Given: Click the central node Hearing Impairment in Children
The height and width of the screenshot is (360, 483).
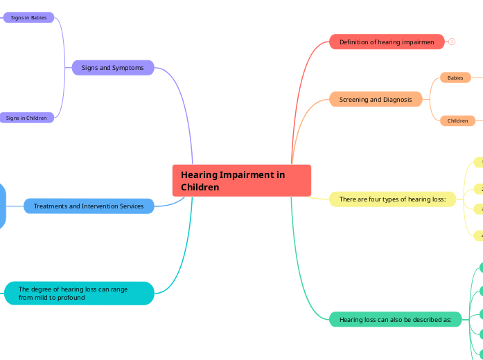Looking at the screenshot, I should (x=241, y=181).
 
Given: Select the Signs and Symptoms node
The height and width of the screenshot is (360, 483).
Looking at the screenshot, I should (x=113, y=68).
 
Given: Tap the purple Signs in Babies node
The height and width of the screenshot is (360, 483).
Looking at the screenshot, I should (x=28, y=17).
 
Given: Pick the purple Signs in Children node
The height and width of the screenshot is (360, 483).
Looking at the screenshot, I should (x=26, y=118).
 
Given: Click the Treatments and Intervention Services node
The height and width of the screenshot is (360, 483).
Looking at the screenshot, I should (x=89, y=206).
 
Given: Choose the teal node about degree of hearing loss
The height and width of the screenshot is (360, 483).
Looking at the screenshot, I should (x=79, y=294).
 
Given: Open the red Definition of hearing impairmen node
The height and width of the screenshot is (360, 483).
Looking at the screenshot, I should (x=387, y=42).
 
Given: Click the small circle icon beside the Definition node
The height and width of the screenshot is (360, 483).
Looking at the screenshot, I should (x=452, y=42).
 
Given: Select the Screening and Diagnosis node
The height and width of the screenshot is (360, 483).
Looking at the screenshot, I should (x=376, y=100).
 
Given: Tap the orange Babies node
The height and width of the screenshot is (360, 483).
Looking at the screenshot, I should (x=455, y=78).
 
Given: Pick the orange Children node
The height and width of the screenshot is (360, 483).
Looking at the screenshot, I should (x=457, y=120).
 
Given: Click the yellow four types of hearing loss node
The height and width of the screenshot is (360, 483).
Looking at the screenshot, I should (x=392, y=199).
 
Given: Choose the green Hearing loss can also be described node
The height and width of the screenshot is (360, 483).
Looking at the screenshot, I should (x=395, y=320).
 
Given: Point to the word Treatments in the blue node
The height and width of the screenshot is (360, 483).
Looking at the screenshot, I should (x=51, y=206).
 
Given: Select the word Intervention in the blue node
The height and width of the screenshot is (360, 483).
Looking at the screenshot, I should (x=99, y=206).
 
